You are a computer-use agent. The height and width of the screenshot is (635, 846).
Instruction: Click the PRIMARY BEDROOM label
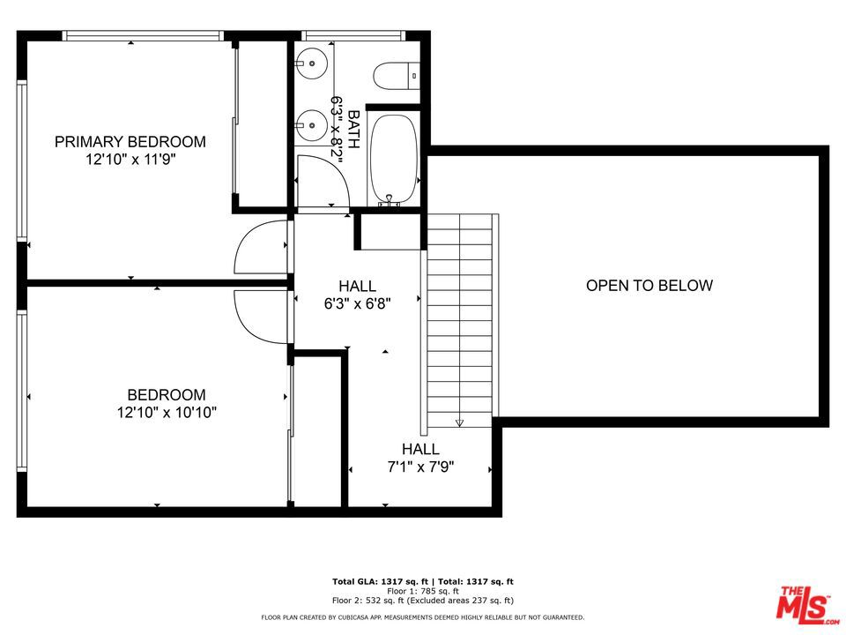coord(130,141)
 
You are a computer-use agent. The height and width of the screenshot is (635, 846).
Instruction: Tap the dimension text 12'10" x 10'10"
coord(166,413)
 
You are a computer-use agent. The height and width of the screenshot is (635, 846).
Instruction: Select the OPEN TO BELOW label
coord(649,285)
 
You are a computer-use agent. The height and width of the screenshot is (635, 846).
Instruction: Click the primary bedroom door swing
coord(260,247)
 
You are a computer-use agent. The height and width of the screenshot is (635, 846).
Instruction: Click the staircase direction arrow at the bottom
coord(459,422)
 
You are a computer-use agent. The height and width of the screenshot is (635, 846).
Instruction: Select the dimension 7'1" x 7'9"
coord(421,467)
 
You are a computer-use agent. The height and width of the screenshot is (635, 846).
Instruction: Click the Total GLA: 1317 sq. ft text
coord(376,582)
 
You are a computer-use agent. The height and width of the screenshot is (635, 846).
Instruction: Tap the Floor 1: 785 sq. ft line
coord(422,591)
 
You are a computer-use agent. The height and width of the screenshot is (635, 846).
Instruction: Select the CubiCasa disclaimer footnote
coord(422,617)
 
